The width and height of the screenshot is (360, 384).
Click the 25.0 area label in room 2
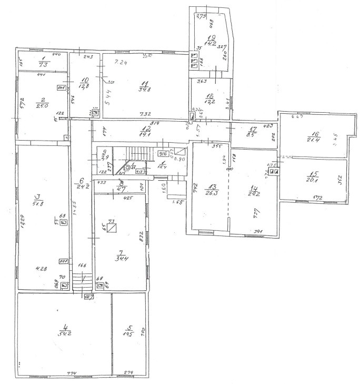point(43,105)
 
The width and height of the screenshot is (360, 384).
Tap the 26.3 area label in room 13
point(212,192)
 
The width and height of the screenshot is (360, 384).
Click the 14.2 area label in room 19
point(211,44)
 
